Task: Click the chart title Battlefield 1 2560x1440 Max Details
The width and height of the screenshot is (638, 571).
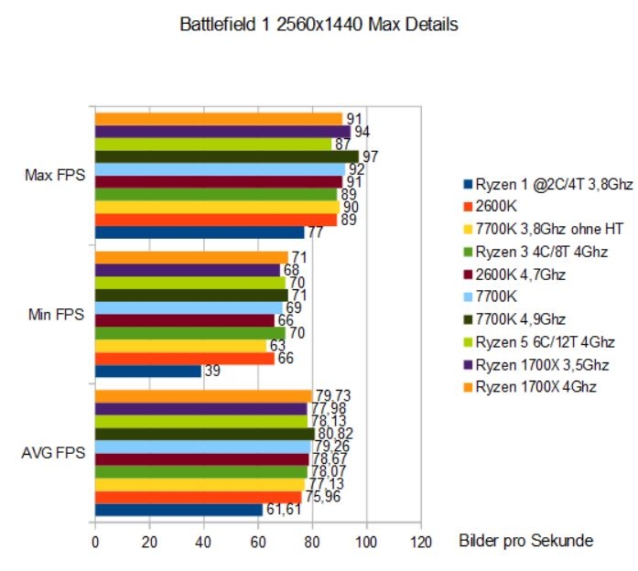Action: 319,25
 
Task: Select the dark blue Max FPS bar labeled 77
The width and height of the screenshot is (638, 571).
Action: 199,232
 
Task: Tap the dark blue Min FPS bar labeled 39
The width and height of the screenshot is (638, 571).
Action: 147,372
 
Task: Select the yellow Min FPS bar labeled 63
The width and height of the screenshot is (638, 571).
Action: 180,346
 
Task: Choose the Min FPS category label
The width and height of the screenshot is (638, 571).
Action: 58,315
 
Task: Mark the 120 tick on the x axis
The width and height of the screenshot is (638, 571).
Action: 420,541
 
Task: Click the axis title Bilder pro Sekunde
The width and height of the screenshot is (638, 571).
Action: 525,541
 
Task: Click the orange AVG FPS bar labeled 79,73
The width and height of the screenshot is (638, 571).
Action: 202,395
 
